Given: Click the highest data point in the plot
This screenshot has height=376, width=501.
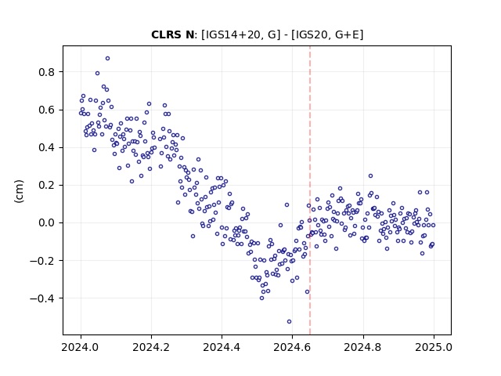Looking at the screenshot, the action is [x=108, y=59].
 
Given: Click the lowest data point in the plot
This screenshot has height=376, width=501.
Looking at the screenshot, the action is [x=289, y=322].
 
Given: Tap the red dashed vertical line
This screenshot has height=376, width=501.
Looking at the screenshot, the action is [x=310, y=190].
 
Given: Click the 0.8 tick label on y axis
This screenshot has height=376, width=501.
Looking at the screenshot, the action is [x=47, y=72].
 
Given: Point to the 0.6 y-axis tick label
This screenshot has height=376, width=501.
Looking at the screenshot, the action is [x=47, y=110].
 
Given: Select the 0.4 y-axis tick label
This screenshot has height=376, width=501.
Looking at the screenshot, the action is [x=47, y=148].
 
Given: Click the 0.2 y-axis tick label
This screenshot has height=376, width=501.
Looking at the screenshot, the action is [x=47, y=186].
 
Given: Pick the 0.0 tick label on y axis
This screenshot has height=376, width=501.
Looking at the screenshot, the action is [x=47, y=222].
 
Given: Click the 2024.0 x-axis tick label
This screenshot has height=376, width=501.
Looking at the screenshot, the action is [x=81, y=347].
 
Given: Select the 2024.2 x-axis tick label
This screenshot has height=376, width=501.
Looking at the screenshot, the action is [x=151, y=347].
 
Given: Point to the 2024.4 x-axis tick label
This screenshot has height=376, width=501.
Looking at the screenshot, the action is [x=222, y=347].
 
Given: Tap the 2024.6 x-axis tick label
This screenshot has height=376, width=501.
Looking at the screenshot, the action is [x=292, y=347].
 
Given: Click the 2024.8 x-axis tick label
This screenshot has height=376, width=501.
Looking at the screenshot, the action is [x=363, y=347].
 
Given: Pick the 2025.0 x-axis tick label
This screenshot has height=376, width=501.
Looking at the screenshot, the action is [x=434, y=347].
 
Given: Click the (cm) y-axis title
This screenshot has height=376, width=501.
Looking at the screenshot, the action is [x=19, y=191].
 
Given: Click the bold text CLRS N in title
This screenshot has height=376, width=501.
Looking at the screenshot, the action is [x=172, y=34].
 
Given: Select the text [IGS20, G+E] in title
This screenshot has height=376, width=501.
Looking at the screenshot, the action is [x=327, y=34].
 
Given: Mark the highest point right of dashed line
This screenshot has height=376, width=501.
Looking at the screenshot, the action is [x=370, y=175].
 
